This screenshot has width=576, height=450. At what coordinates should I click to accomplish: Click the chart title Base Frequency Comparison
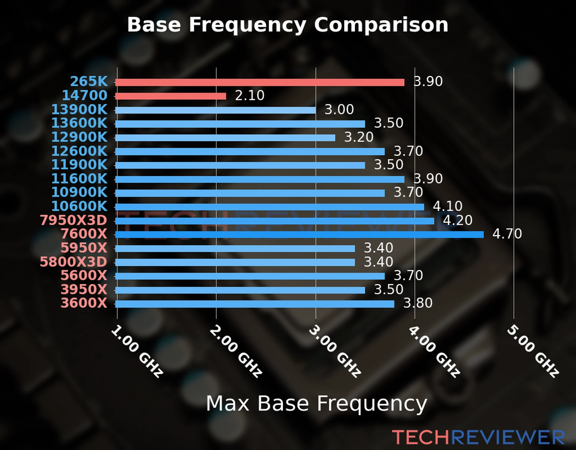coord(288,25)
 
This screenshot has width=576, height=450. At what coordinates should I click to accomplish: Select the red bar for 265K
coord(259,82)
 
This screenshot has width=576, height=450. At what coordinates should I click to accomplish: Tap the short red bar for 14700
coord(171,96)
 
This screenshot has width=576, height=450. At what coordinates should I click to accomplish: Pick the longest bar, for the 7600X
coord(299,235)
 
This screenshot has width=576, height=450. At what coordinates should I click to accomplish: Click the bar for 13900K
coord(215,110)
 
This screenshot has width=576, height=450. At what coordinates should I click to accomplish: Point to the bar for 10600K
coord(270,207)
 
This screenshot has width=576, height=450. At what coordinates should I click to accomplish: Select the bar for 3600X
coord(255,304)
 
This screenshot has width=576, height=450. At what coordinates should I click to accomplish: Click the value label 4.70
coord(507,234)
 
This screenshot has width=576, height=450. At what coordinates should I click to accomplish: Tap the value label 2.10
coord(250,96)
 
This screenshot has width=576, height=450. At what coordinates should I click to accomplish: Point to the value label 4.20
coord(457,220)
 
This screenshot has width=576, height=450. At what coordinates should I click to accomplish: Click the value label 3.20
coord(359,137)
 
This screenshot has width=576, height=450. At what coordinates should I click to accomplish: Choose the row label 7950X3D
coord(73,220)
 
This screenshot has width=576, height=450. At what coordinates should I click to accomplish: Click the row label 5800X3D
coord(73,262)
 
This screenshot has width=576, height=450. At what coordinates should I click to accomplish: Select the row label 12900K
coord(79,137)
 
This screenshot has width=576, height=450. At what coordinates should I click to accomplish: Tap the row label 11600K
coord(79,179)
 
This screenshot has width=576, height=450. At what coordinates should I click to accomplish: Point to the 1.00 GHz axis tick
coord(137,351)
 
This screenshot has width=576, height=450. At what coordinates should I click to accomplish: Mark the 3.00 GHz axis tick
coord(335,351)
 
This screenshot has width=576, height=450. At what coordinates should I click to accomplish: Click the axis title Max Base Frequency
coord(316,404)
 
